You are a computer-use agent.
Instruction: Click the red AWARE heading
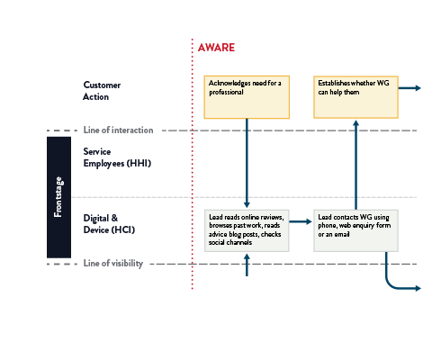point(216,48)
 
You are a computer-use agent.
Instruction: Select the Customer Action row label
point(102,91)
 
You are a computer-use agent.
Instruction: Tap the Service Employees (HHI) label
point(117,157)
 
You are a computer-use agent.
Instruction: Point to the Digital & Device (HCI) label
point(109,224)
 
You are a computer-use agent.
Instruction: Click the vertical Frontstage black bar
point(58,197)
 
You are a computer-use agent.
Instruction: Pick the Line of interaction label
point(118,130)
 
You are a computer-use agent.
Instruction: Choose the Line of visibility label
point(113,263)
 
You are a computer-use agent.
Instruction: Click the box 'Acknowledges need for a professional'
point(247,97)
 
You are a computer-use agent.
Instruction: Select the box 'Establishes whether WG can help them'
point(355,97)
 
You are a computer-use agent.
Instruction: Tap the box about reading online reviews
point(247,230)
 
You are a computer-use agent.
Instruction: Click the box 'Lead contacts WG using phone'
point(355,230)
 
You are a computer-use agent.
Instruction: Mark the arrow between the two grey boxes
point(301,221)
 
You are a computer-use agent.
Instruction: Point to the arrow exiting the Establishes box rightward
point(409,88)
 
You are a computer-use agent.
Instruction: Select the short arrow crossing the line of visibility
point(247,265)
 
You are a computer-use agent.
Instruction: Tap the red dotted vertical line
point(193,164)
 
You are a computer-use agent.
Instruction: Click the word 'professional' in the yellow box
point(226,92)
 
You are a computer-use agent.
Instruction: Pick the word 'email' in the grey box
point(342,234)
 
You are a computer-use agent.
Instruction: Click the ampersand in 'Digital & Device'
point(114,218)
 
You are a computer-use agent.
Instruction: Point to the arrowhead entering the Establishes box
point(355,122)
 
